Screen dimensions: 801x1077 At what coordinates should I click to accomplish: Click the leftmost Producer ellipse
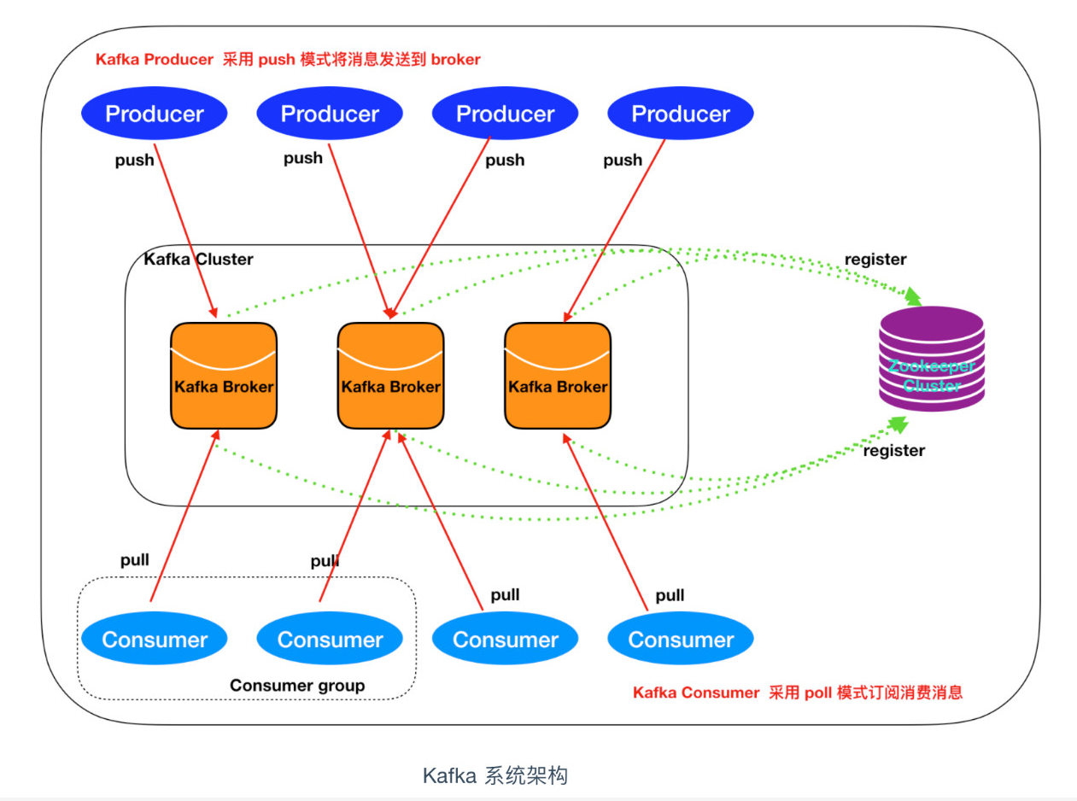154,114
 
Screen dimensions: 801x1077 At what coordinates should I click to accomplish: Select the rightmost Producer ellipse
681,114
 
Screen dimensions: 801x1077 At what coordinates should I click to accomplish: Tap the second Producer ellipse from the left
330,114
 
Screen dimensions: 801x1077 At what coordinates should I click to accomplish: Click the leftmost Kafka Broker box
224,376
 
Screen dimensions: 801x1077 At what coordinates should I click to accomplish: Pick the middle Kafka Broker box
390,376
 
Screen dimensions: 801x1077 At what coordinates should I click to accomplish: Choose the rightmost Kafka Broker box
558,376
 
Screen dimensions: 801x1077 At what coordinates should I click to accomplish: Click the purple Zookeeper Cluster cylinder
932,360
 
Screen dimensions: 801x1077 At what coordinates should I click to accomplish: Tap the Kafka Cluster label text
198,259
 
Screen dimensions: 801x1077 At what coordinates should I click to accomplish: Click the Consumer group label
297,685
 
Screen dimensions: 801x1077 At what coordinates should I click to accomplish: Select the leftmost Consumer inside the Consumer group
154,640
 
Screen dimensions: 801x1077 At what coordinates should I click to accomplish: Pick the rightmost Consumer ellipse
681,640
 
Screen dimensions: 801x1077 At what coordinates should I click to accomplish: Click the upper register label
875,259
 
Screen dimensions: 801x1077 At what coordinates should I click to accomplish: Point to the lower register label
893,450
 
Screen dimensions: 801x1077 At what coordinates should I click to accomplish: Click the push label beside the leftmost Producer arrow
135,160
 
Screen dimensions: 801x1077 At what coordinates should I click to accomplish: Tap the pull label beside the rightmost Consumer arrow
670,595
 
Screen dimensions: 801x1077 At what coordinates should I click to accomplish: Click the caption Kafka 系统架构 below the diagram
495,775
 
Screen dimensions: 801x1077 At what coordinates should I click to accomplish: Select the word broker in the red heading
456,60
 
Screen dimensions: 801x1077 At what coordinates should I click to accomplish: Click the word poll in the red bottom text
817,693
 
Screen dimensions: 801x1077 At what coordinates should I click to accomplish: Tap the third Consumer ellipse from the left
505,640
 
